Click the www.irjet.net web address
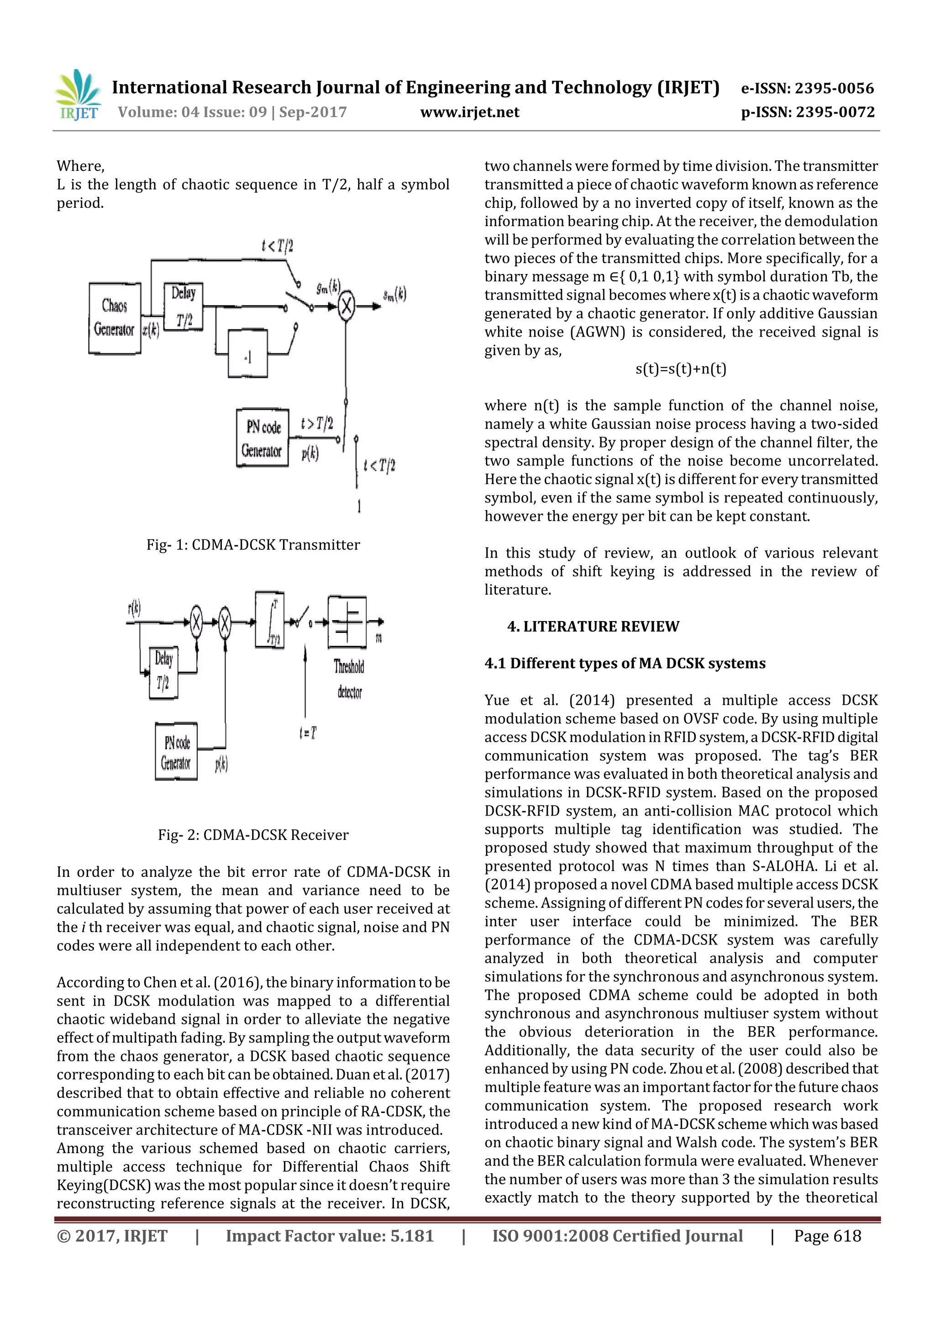click(469, 112)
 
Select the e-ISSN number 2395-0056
click(807, 88)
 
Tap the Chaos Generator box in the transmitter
click(115, 317)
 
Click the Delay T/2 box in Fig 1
click(183, 306)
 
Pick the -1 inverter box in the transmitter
click(248, 353)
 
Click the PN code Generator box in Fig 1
click(263, 438)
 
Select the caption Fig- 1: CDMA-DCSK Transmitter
click(253, 544)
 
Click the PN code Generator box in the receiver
click(176, 752)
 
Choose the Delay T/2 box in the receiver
click(163, 672)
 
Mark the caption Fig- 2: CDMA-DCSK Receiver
click(253, 835)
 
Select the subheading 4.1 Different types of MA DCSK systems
click(625, 663)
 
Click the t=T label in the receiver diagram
click(308, 733)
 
